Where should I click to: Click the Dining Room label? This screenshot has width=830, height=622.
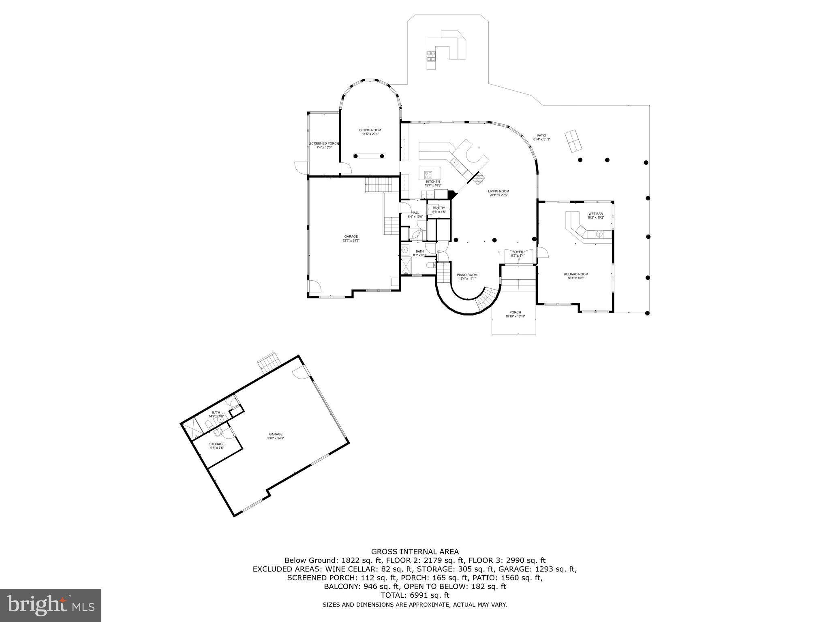pyautogui.click(x=370, y=130)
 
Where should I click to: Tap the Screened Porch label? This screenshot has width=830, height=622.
pyautogui.click(x=324, y=143)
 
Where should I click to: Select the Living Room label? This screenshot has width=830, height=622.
pyautogui.click(x=498, y=191)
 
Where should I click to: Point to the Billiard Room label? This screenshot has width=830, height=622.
pyautogui.click(x=575, y=274)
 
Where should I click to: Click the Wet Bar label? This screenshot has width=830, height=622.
pyautogui.click(x=595, y=213)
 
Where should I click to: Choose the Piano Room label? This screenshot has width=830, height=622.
pyautogui.click(x=467, y=275)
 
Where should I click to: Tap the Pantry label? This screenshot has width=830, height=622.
pyautogui.click(x=439, y=208)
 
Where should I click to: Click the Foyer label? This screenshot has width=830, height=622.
pyautogui.click(x=518, y=252)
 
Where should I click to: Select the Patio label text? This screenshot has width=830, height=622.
pyautogui.click(x=541, y=136)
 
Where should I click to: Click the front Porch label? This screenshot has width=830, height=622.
pyautogui.click(x=515, y=312)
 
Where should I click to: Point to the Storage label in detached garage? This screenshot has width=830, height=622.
pyautogui.click(x=217, y=444)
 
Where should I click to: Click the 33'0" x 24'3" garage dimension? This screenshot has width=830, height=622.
pyautogui.click(x=276, y=438)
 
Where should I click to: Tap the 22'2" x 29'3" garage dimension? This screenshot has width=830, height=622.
pyautogui.click(x=351, y=241)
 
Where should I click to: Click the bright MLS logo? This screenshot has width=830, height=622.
pyautogui.click(x=51, y=605)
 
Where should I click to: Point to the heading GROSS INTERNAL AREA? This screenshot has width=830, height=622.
pyautogui.click(x=415, y=552)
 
